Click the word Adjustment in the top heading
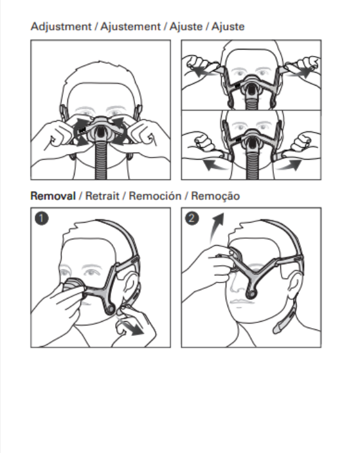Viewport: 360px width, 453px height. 61,27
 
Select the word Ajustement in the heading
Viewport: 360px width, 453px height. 130,27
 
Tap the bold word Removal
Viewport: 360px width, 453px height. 53,196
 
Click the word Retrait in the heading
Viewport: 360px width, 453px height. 102,196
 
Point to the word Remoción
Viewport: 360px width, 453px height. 155,196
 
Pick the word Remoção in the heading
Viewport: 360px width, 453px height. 215,196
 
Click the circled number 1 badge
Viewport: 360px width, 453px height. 42,218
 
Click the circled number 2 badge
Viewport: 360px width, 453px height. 192,218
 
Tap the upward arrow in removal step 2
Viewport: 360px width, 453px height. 216,228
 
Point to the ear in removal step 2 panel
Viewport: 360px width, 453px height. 294,286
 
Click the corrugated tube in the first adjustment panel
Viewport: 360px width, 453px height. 101,160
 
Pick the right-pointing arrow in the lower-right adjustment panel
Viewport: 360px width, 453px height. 289,165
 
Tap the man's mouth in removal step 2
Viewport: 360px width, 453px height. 242,302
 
